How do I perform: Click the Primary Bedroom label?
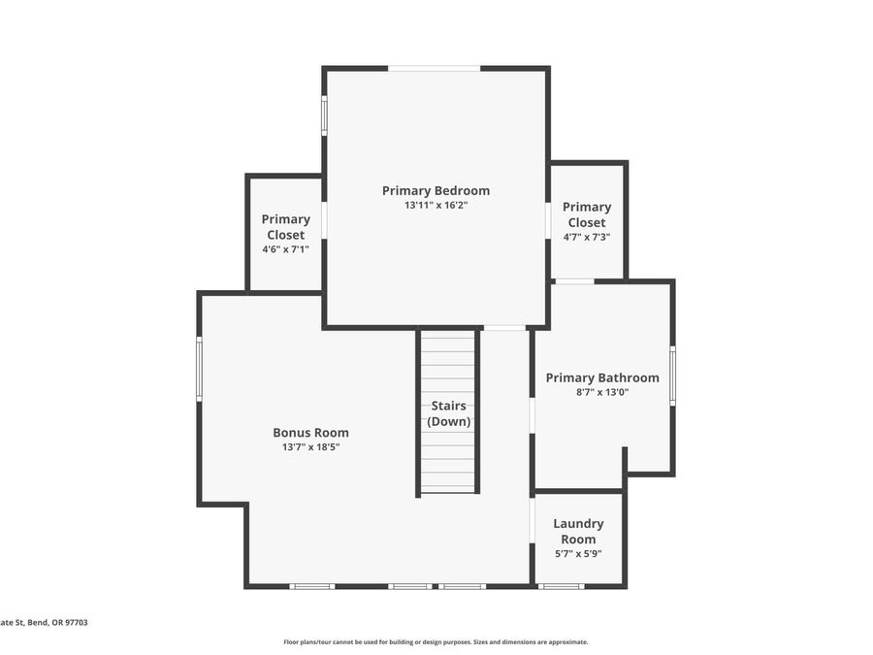[x=436, y=190]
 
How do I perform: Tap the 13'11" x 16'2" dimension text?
[x=436, y=205]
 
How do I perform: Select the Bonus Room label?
[x=310, y=432]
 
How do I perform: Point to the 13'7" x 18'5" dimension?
[x=310, y=446]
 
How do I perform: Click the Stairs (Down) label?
[x=449, y=413]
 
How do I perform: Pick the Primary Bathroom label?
[x=602, y=377]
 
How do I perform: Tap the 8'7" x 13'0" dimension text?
[x=602, y=392]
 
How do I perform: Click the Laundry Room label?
[x=578, y=532]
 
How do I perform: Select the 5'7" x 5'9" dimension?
[x=578, y=554]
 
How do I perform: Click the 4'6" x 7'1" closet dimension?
[x=285, y=249]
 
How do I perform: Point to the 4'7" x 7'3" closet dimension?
[x=587, y=237]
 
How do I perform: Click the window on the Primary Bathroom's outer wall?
[x=672, y=375]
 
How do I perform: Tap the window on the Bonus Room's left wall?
[x=199, y=368]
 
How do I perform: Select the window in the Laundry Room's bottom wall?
[x=562, y=586]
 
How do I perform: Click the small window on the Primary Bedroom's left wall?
[x=325, y=115]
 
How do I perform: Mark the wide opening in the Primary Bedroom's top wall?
[x=435, y=69]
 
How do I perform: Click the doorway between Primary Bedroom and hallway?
[x=504, y=328]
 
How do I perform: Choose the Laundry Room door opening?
[x=533, y=520]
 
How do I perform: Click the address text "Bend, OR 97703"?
[x=58, y=623]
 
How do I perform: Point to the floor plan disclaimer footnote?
[x=436, y=642]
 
